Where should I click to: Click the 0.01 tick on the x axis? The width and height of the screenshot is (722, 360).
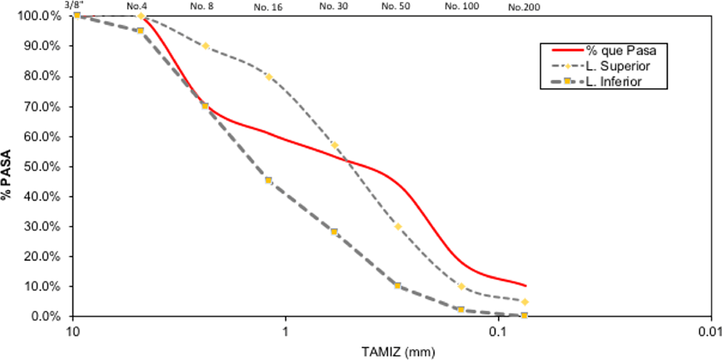(709, 332)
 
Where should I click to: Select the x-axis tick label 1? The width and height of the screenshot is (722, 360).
(286, 332)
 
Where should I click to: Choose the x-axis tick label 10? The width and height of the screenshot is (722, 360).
(74, 332)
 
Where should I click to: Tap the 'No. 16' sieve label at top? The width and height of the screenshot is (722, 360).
(268, 6)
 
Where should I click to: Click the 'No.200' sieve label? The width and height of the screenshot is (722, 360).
(522, 6)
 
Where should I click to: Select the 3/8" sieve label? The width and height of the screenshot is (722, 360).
(73, 5)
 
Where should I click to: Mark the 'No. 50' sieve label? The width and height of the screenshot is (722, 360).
(395, 6)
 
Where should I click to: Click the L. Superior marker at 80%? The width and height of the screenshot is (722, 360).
(268, 77)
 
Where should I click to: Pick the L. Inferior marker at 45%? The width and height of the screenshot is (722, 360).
(268, 180)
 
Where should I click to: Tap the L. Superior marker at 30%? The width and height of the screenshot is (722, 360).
(398, 227)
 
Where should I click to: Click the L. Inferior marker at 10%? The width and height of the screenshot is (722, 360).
(397, 286)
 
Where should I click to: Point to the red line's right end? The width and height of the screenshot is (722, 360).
(525, 286)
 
